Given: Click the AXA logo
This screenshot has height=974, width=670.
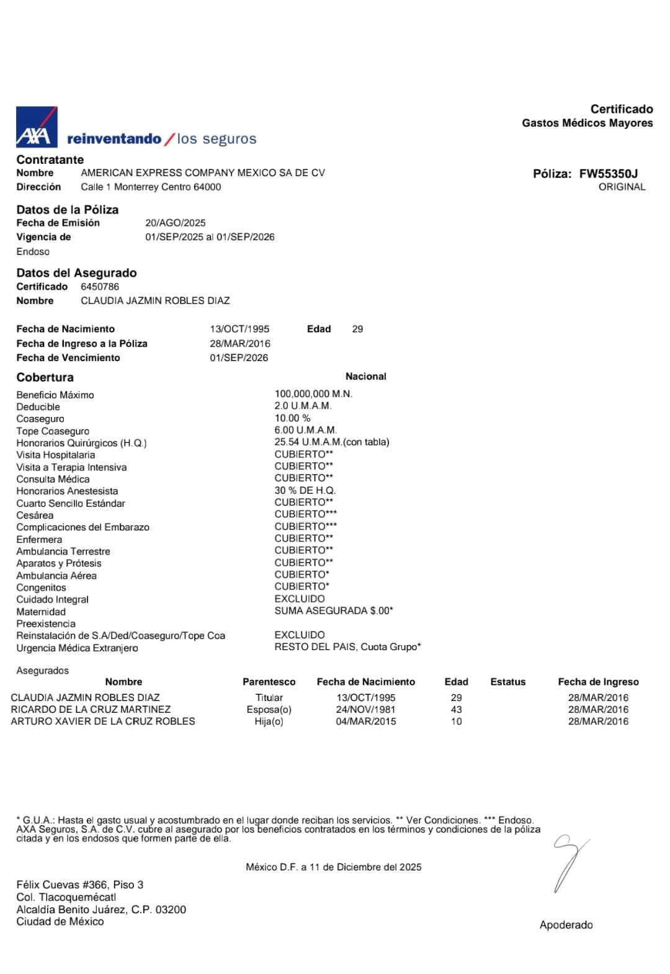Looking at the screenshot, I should [37, 127].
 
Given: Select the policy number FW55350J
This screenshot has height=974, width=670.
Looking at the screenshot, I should [608, 174].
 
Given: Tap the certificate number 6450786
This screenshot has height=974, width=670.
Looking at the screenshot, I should [100, 287].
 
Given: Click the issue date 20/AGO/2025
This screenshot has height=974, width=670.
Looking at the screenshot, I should [176, 223].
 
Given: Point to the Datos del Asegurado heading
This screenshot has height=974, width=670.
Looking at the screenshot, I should [76, 273].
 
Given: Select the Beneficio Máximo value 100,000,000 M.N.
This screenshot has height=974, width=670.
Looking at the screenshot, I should [313, 394].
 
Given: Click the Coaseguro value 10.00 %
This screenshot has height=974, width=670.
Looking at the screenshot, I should [292, 418].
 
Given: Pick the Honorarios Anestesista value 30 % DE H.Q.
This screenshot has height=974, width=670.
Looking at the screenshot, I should [305, 490].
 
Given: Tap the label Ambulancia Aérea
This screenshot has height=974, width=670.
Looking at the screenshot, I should [56, 576].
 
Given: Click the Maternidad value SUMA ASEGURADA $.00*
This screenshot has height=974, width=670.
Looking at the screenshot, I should [334, 610].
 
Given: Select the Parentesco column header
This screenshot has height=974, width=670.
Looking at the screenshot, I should [269, 682].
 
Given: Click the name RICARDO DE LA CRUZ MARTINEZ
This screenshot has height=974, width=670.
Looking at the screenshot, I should [91, 709].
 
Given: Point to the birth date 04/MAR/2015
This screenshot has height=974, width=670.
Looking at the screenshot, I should [365, 722].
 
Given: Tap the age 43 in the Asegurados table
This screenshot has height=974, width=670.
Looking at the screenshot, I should [456, 709].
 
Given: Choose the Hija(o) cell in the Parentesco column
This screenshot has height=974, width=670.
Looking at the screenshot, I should [269, 722].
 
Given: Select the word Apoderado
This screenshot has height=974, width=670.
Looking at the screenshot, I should [566, 925].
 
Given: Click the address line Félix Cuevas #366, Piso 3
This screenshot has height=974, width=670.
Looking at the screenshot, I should [79, 885].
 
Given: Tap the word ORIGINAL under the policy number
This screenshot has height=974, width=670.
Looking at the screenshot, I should [622, 187].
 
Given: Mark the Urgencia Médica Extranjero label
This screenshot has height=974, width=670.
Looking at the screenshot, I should [77, 648].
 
